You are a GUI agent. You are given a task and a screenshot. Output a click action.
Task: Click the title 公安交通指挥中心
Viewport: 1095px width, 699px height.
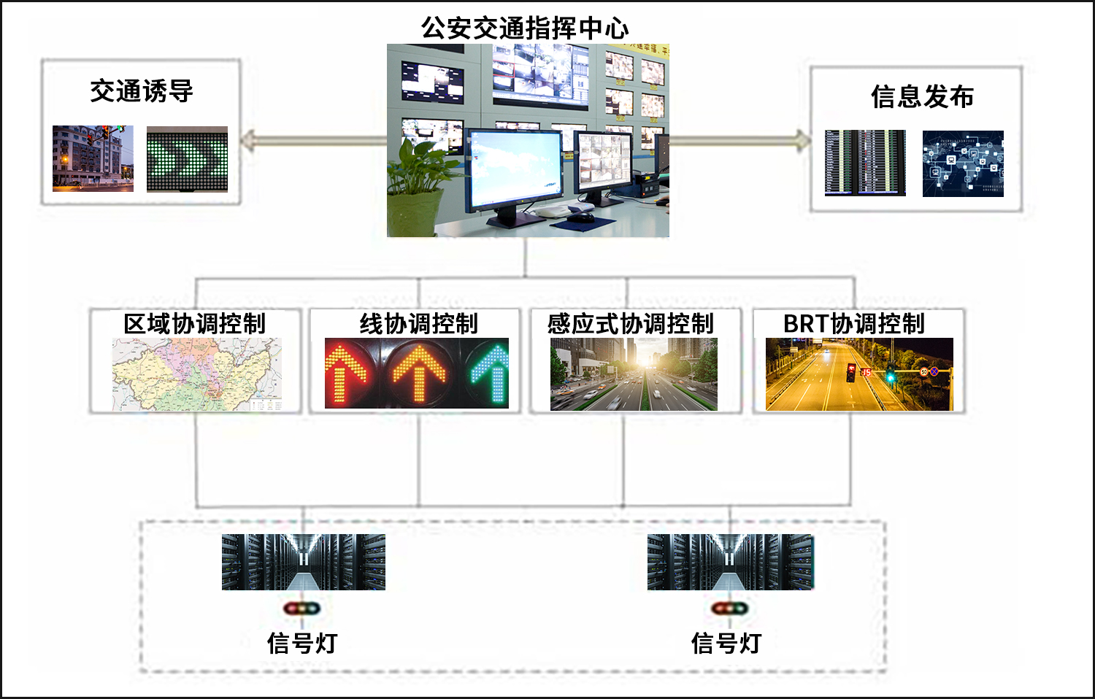[x=524, y=28]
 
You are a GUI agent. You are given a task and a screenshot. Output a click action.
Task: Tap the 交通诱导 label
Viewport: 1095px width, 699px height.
[x=142, y=91]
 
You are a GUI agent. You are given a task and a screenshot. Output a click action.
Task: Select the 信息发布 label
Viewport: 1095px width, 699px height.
[x=922, y=96]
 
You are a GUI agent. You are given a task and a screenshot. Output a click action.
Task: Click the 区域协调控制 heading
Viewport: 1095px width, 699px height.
[x=194, y=323]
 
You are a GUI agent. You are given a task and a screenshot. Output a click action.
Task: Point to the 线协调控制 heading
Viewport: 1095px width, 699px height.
[x=418, y=323]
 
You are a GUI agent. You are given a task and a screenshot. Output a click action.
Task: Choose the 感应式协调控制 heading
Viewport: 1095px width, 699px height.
[x=630, y=323]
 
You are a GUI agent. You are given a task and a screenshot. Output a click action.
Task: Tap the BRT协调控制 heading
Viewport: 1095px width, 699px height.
[x=853, y=323]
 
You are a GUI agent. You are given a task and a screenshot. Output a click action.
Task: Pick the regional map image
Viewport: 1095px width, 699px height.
[x=196, y=374]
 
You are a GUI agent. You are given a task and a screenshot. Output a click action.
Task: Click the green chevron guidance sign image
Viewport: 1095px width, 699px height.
[x=187, y=159]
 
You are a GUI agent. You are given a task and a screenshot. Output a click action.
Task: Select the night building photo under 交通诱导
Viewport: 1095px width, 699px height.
[x=93, y=158]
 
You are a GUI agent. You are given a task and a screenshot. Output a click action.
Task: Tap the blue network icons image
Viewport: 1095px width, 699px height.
[x=963, y=163]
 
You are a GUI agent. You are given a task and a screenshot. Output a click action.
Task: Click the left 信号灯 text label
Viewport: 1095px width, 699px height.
[x=302, y=643]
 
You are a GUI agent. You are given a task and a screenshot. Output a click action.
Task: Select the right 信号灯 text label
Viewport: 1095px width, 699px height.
[x=726, y=643]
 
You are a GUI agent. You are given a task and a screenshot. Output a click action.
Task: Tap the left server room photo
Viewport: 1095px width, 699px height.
[x=303, y=562]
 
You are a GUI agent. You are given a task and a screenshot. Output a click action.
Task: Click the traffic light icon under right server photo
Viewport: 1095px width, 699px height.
[x=729, y=608]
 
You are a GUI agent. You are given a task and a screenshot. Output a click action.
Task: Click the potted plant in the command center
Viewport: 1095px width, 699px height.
[x=418, y=182]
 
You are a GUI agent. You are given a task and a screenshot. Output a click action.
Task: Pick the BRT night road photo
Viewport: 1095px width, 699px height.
[x=859, y=374]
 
